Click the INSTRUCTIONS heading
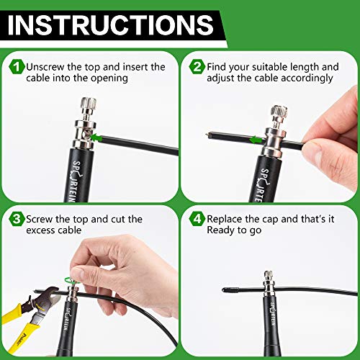tap(111, 25)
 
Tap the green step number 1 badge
tap(17, 67)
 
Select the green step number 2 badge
tap(197, 67)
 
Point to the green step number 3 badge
tap(17, 219)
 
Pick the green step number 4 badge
tap(197, 219)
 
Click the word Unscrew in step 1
tap(45, 67)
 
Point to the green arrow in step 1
tap(96, 138)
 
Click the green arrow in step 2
tap(256, 140)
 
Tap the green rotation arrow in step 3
tap(70, 280)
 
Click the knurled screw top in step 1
tap(89, 103)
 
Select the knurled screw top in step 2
tap(279, 111)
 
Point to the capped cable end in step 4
tap(230, 289)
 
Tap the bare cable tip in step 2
tap(208, 135)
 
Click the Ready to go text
tap(234, 230)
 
